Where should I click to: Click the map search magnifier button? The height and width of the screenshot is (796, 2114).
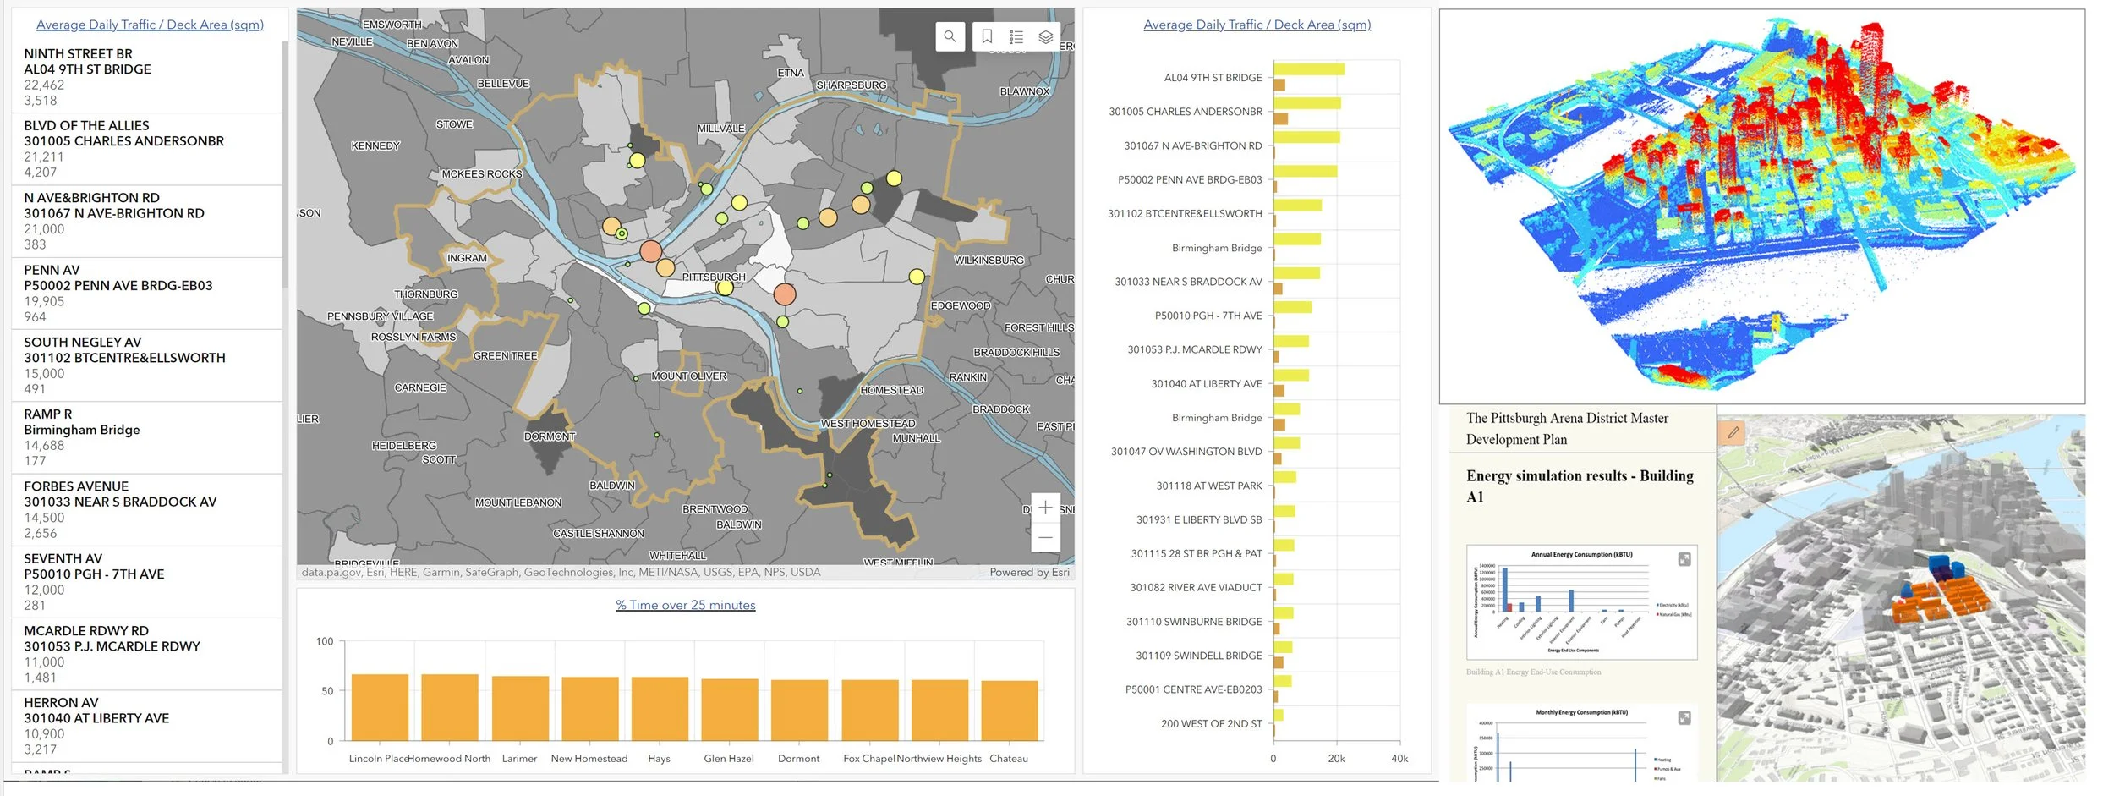pyautogui.click(x=950, y=36)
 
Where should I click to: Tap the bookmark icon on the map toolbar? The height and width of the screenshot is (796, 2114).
pyautogui.click(x=987, y=36)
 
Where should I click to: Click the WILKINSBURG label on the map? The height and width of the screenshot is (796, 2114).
pyautogui.click(x=989, y=261)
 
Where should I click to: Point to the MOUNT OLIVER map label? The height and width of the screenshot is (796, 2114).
pyautogui.click(x=688, y=376)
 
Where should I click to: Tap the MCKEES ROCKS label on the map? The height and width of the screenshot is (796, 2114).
pyautogui.click(x=482, y=174)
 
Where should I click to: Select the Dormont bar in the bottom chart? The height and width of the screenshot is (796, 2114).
pyautogui.click(x=799, y=710)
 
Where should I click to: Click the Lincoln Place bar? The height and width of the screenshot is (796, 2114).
pyautogui.click(x=380, y=707)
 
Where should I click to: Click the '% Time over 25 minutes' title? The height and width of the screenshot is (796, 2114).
pyautogui.click(x=685, y=605)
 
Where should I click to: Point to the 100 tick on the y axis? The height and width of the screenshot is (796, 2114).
pyautogui.click(x=325, y=641)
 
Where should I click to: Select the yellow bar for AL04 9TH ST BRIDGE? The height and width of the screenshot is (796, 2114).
pyautogui.click(x=1308, y=69)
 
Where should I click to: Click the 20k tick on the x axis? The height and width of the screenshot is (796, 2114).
pyautogui.click(x=1336, y=759)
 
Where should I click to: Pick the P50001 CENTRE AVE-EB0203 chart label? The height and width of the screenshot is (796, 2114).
pyautogui.click(x=1193, y=689)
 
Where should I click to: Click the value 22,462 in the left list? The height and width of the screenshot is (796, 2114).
pyautogui.click(x=44, y=85)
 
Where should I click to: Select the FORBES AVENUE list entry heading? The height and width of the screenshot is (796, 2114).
pyautogui.click(x=76, y=486)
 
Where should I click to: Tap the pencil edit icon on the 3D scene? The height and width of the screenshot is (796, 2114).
pyautogui.click(x=1733, y=432)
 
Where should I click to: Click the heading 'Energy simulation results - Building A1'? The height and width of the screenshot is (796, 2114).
pyautogui.click(x=1579, y=486)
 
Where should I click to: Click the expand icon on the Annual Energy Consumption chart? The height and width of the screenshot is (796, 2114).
pyautogui.click(x=1684, y=559)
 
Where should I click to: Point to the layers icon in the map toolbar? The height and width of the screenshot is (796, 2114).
pyautogui.click(x=1045, y=36)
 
